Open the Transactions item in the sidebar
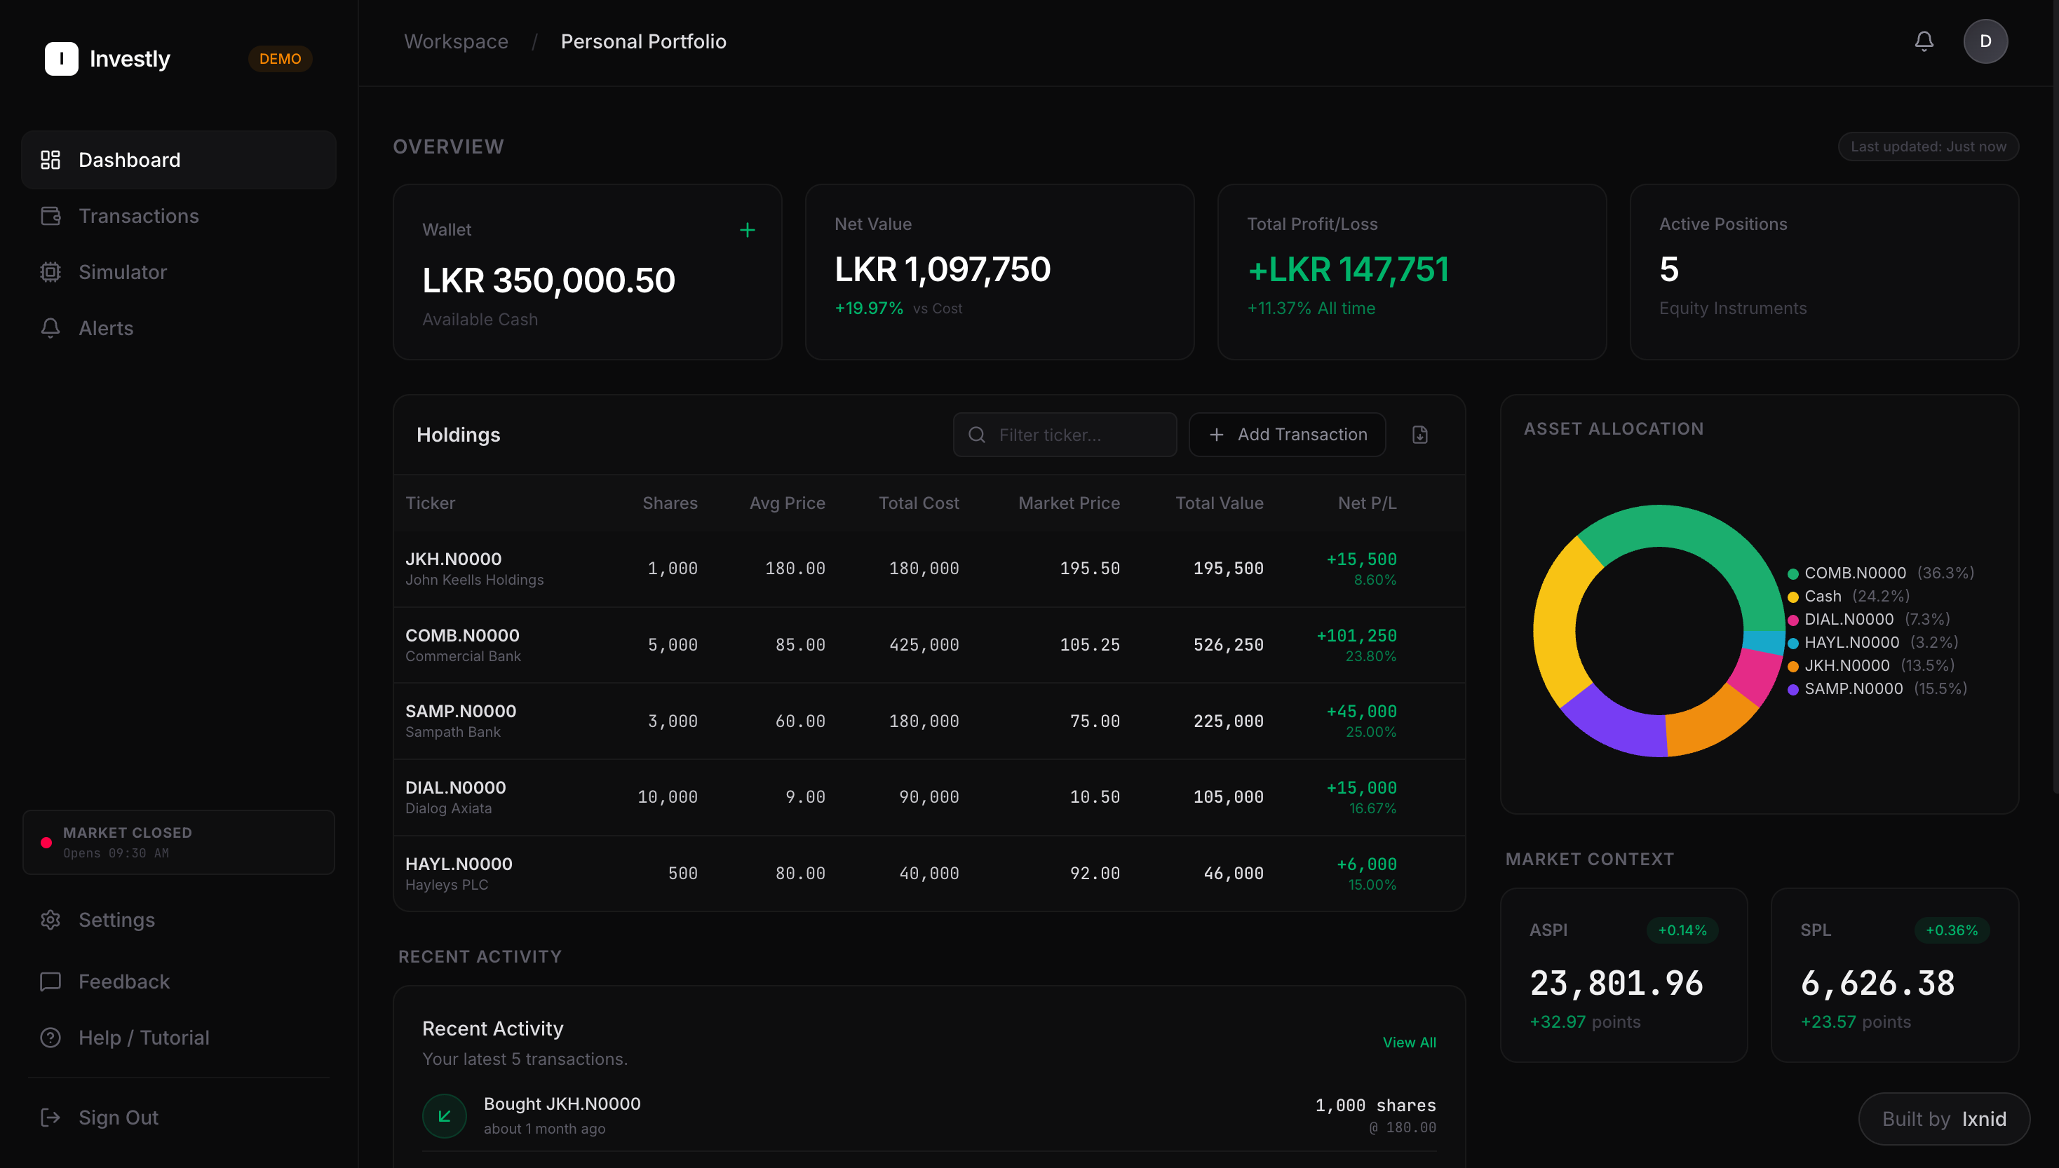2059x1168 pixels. coord(138,216)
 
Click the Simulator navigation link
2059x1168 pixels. coord(122,272)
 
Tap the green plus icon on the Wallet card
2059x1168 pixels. coord(747,230)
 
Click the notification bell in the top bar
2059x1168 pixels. coord(1924,41)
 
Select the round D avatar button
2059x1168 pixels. coord(1985,41)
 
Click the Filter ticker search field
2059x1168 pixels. coord(1065,435)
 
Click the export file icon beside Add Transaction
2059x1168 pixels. coord(1419,435)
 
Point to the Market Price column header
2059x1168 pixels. coord(1069,503)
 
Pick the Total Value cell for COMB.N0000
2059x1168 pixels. coord(1228,645)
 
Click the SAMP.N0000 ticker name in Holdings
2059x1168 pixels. coord(461,712)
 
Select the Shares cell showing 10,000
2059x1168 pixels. coord(667,797)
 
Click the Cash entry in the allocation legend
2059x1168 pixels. coord(1822,596)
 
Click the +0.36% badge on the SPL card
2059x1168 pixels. coord(1952,930)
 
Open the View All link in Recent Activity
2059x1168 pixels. coord(1409,1042)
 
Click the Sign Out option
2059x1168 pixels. coord(118,1118)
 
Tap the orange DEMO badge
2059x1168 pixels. coord(280,59)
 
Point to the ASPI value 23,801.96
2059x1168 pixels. coord(1616,984)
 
